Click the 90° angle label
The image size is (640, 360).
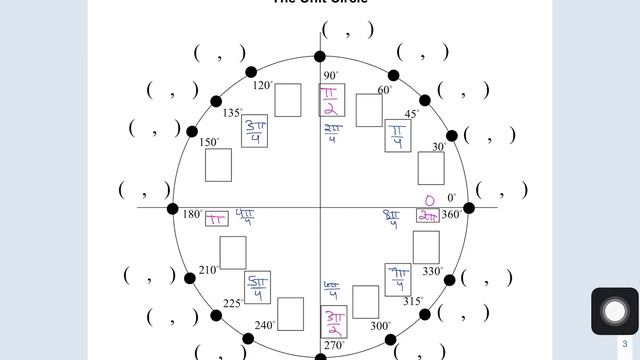click(x=331, y=76)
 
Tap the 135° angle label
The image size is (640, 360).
click(x=233, y=113)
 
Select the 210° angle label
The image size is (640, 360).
click(x=208, y=270)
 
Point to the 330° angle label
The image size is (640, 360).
click(x=432, y=271)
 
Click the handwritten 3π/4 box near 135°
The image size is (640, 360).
click(x=254, y=133)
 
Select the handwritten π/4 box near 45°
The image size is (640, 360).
click(x=399, y=136)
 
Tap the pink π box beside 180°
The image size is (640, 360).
click(x=216, y=218)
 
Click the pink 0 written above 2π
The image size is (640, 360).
click(x=430, y=201)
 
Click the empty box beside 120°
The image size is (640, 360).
click(x=289, y=100)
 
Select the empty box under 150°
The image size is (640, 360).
click(x=218, y=164)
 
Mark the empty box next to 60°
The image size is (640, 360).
click(x=368, y=109)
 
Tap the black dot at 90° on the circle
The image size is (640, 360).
click(x=320, y=57)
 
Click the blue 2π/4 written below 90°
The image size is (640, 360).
click(x=332, y=133)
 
